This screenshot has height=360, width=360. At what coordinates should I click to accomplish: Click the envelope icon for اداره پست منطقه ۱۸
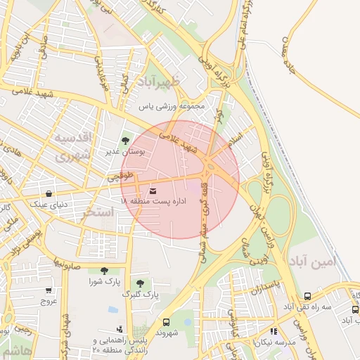pyautogui.click(x=153, y=191)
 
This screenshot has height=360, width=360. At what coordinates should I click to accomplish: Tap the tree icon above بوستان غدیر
pyautogui.click(x=127, y=141)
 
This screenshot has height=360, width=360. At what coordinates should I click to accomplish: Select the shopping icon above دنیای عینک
pyautogui.click(x=48, y=193)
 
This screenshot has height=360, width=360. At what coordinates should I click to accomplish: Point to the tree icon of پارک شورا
pyautogui.click(x=104, y=271)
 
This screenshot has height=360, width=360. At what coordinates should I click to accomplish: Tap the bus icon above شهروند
pyautogui.click(x=166, y=322)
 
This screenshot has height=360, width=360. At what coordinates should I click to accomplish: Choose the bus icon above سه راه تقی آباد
pyautogui.click(x=308, y=296)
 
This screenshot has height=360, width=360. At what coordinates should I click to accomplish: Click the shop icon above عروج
pyautogui.click(x=48, y=290)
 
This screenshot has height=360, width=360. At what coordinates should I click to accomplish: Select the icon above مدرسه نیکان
pyautogui.click(x=274, y=330)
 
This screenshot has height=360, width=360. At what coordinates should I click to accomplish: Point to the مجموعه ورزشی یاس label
pyautogui.click(x=171, y=107)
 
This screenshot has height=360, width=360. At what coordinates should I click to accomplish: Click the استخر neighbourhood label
pyautogui.click(x=98, y=212)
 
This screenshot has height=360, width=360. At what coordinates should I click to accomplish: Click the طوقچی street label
pyautogui.click(x=119, y=177)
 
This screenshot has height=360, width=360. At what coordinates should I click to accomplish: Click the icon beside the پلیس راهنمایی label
pyautogui.click(x=119, y=328)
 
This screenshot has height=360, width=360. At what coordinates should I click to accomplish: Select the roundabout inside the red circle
pyautogui.click(x=210, y=167)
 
